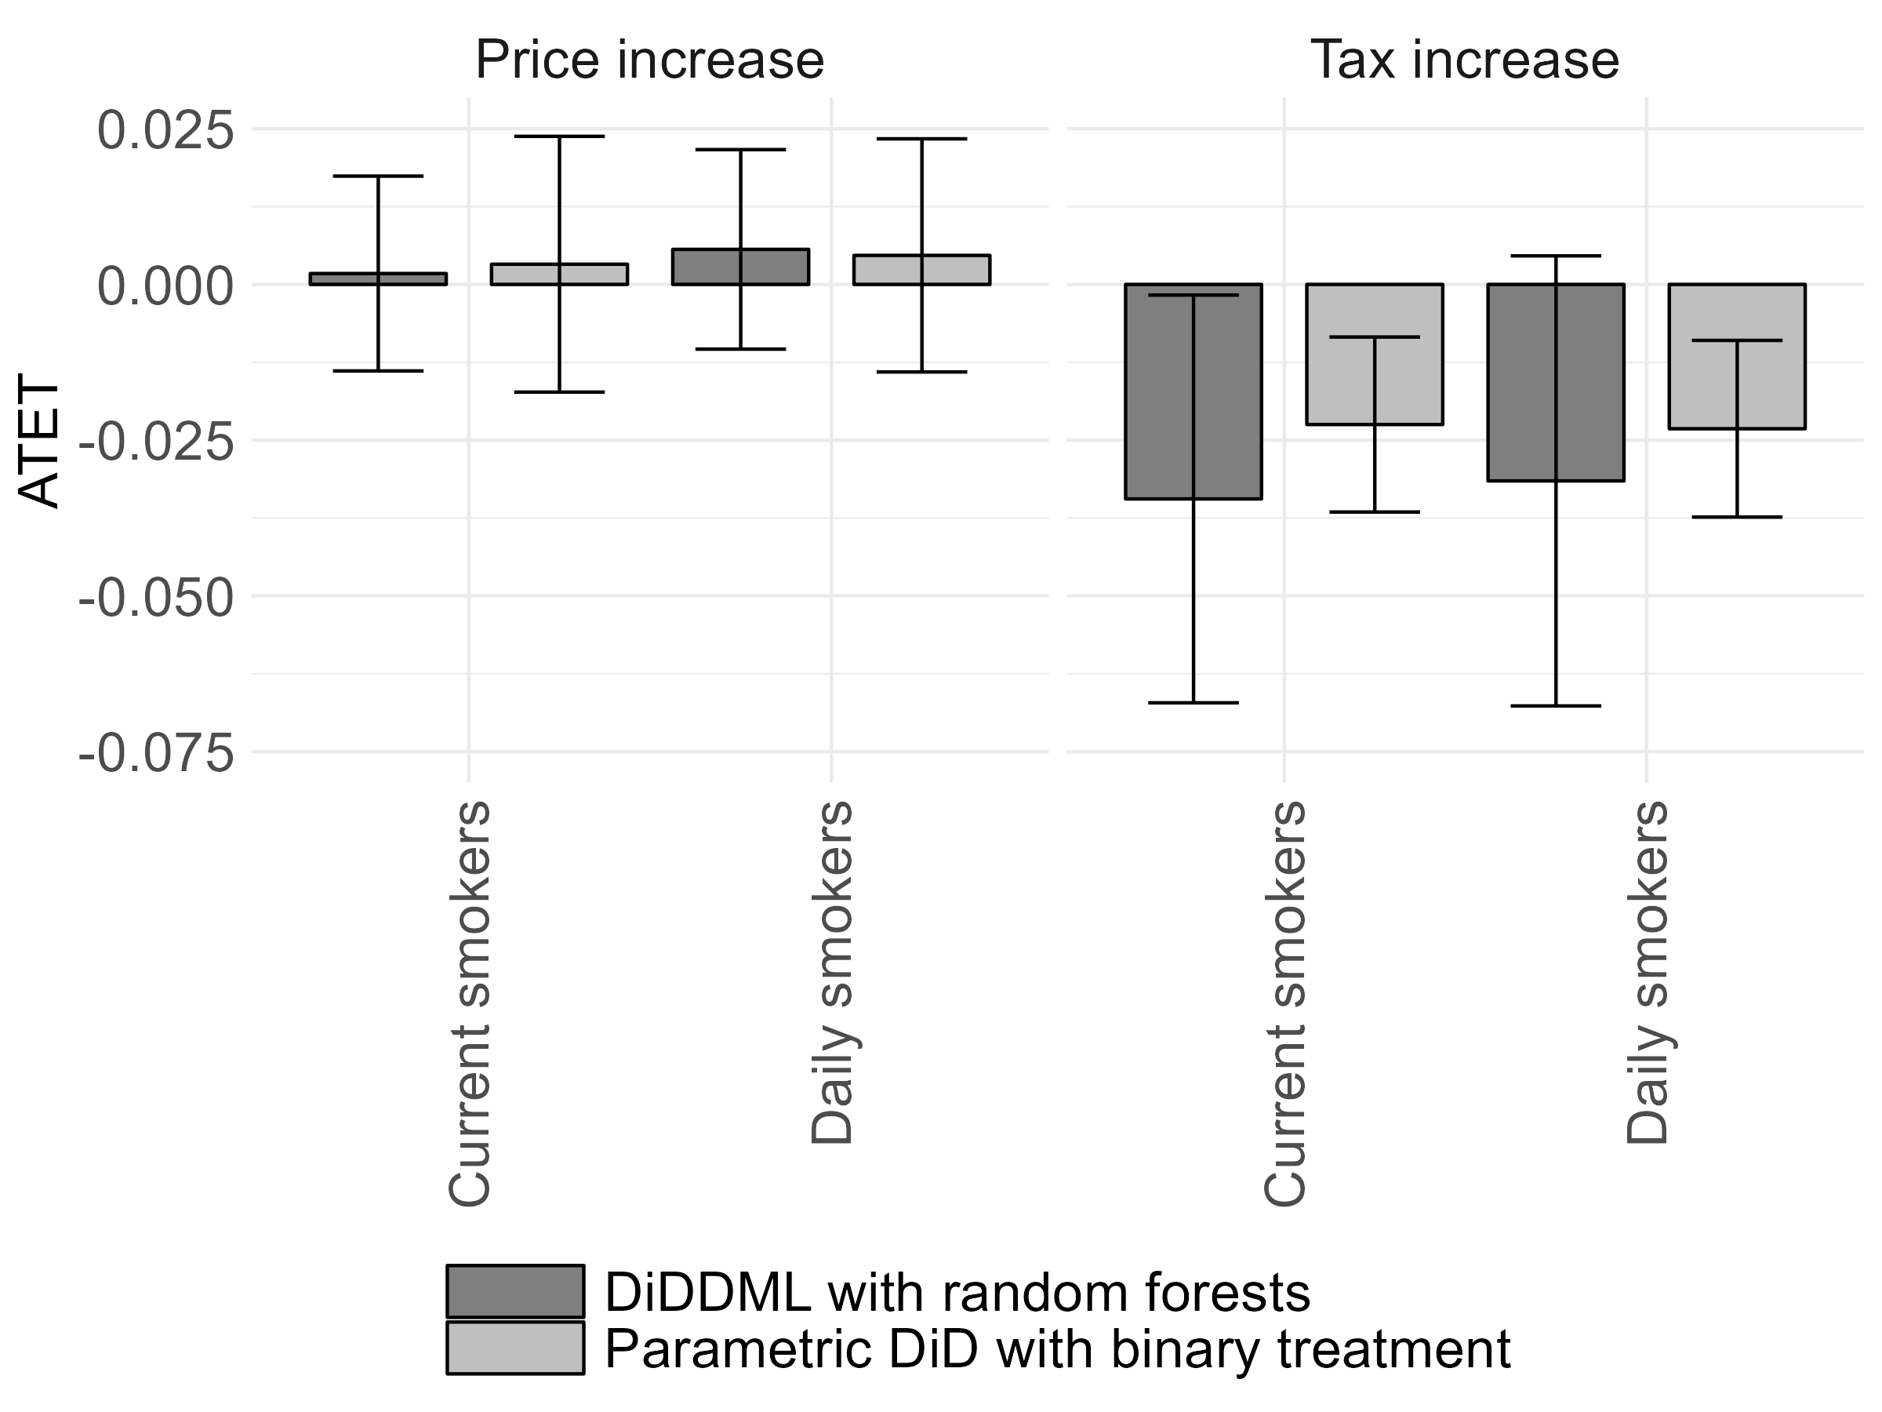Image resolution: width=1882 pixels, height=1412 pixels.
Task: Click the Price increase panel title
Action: (x=649, y=60)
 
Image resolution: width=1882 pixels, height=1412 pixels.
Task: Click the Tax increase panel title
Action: (x=1464, y=60)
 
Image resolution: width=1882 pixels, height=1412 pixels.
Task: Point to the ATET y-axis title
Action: (x=39, y=442)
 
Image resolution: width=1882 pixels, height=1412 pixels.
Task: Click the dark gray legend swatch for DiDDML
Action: (x=516, y=1291)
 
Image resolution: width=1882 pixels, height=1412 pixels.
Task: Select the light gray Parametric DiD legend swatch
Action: (x=516, y=1348)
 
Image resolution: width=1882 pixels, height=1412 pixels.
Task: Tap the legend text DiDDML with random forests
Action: (x=957, y=1293)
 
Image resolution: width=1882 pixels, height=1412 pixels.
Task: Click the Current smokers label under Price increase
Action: (x=469, y=1003)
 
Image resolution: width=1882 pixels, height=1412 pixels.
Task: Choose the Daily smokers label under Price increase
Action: (x=831, y=973)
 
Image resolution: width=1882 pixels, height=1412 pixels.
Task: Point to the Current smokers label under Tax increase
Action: (x=1284, y=1003)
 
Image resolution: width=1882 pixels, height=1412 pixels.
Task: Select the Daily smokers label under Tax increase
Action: (x=1648, y=973)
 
